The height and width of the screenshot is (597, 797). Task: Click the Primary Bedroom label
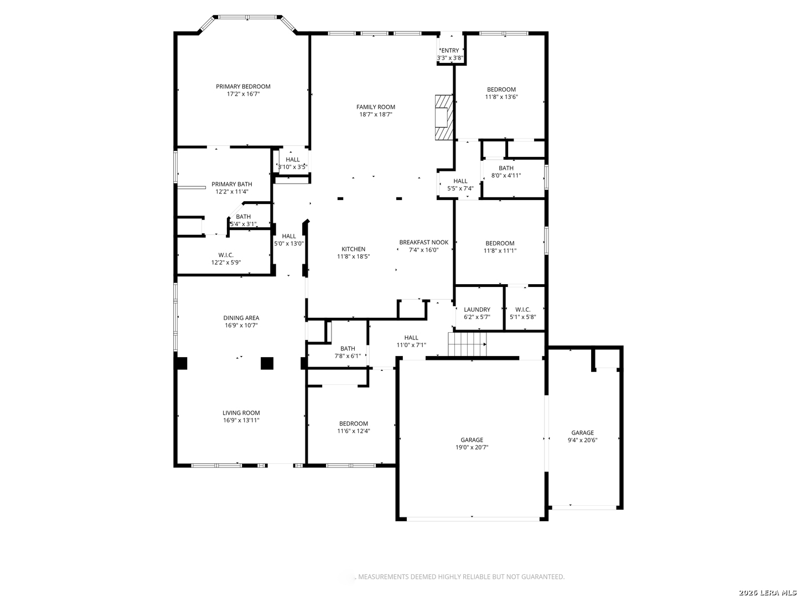243,86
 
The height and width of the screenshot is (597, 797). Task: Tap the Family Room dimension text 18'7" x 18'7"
375,114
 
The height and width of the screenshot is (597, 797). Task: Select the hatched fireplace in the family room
444,117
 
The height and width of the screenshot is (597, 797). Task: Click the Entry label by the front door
450,50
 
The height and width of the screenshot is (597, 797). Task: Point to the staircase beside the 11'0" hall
467,344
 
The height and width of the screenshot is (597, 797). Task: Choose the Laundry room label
477,310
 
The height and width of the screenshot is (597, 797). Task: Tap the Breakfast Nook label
424,242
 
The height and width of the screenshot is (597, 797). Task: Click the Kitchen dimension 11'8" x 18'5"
353,256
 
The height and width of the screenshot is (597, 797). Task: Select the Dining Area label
241,318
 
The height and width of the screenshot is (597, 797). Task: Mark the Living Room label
241,412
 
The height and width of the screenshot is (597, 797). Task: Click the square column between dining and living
267,363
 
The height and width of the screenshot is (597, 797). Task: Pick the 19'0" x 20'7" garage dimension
472,447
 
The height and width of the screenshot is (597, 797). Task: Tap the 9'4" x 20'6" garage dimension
582,440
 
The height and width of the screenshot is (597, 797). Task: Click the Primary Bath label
232,184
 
